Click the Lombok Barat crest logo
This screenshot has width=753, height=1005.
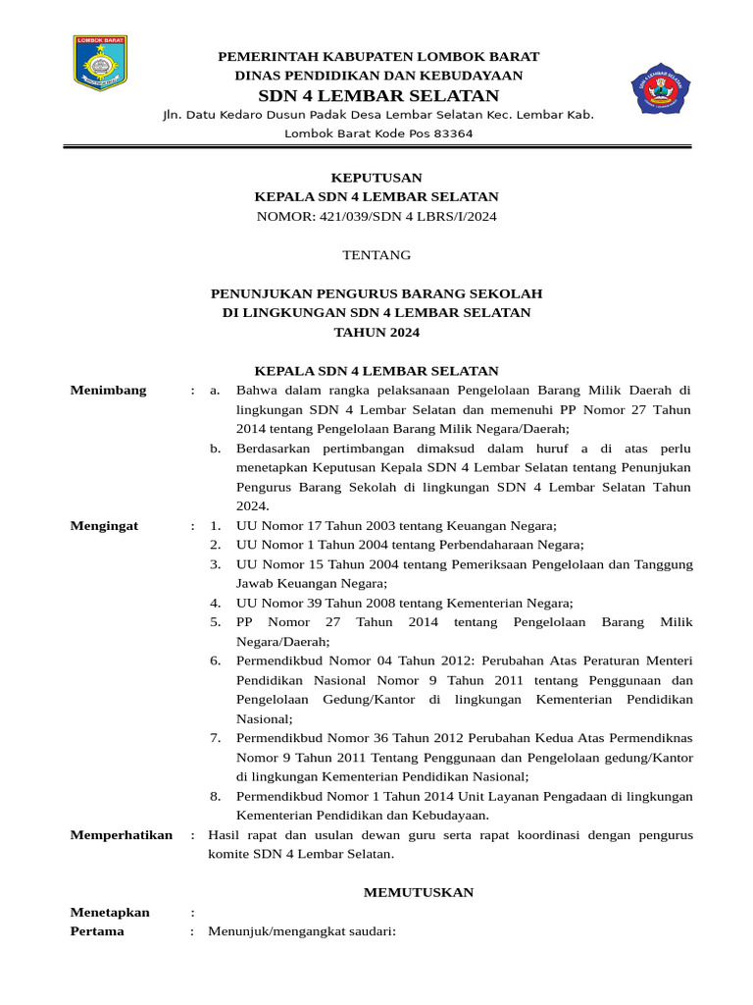(101, 66)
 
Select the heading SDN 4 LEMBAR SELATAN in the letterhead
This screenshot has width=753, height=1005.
(378, 95)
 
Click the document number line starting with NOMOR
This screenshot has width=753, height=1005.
(376, 216)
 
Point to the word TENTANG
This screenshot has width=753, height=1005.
(376, 255)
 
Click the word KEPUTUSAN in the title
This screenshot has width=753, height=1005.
(376, 178)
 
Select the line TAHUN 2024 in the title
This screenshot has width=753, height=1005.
(376, 333)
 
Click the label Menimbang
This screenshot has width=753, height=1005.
(109, 390)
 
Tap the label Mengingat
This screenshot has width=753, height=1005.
(105, 526)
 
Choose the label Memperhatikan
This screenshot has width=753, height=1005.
(122, 835)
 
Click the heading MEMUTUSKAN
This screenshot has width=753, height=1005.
(419, 892)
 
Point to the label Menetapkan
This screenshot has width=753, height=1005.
(110, 912)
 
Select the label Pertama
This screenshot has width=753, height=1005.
(97, 931)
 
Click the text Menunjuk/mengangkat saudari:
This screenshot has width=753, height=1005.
(302, 931)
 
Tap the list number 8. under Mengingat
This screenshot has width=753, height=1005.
(215, 796)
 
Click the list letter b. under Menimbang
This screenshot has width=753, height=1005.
(216, 449)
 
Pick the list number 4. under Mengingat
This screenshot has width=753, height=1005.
(215, 604)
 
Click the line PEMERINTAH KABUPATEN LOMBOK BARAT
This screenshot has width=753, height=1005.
(378, 56)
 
